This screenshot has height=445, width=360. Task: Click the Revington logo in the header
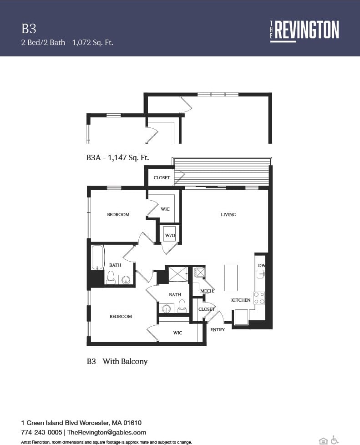point(304,30)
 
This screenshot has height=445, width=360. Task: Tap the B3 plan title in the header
point(29,29)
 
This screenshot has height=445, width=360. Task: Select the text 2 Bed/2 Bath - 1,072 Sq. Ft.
point(67,43)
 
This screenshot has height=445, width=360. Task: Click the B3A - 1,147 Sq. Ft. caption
point(118,157)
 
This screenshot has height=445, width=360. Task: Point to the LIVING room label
point(228,214)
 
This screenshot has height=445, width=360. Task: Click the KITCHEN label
point(241,300)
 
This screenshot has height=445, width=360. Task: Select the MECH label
point(207,291)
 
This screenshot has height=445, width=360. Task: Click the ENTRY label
point(218,329)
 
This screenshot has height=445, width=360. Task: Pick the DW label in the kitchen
point(261,265)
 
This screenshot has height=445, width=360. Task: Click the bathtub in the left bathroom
point(98,258)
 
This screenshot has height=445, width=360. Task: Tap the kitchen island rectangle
point(231,278)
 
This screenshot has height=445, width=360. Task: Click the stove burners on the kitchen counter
point(259,298)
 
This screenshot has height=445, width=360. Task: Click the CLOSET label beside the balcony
point(162,177)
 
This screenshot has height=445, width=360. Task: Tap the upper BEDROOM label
point(118,214)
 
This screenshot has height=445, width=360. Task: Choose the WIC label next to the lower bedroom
point(177,333)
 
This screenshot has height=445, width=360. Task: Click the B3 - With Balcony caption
point(117,361)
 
